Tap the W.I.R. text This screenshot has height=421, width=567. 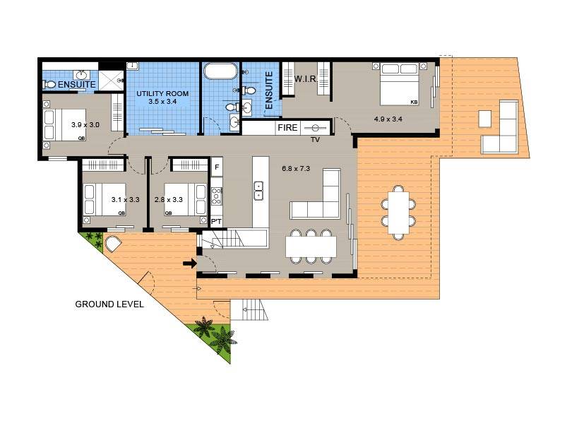pos(304,78)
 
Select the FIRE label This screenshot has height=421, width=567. pos(287,128)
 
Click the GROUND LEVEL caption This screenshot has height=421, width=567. pos(109,304)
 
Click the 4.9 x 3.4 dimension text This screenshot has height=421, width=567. pos(388,119)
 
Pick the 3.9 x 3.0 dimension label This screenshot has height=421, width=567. pos(85,125)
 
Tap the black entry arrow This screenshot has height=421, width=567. pos(189,263)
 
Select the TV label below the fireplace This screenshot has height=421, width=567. pos(316,140)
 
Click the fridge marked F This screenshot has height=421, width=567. pos(217,167)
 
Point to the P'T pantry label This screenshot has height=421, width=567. pos(217,222)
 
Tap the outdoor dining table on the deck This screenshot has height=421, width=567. pos(400,211)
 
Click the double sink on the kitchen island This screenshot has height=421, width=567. pos(258,190)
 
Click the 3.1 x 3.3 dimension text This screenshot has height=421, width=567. pos(126,200)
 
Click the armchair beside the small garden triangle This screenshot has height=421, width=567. pos(114,244)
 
